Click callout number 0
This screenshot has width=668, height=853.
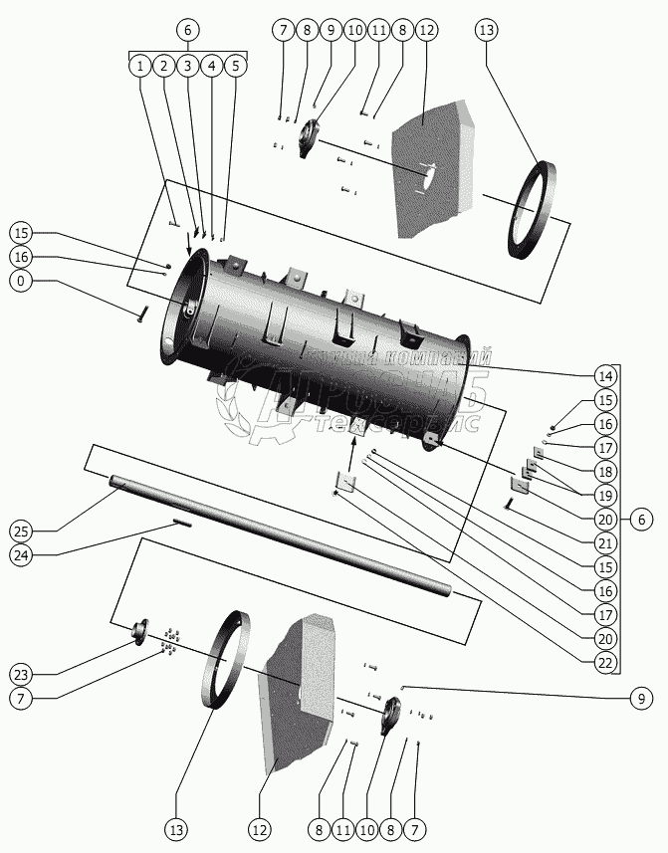coord(21,282)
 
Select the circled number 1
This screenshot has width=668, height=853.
coord(139,66)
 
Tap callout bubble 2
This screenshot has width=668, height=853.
coord(163,66)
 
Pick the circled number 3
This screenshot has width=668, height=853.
coord(187,66)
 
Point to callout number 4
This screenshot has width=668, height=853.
coord(211,66)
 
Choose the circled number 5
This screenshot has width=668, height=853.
coord(235,66)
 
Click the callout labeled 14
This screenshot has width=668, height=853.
coord(604,376)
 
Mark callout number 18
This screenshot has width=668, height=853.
coord(604,471)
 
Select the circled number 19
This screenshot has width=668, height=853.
coord(604,495)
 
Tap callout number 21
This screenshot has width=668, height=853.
coord(604,542)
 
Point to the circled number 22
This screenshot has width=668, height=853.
coord(604,661)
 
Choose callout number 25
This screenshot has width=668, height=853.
coord(21,528)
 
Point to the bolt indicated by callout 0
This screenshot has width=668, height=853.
coord(142,313)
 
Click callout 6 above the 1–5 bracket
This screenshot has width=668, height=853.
coord(187,30)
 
